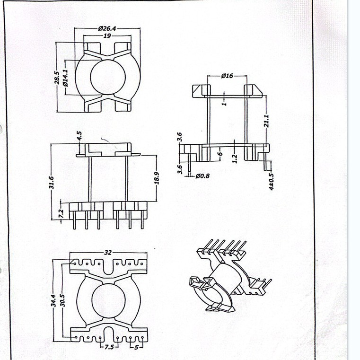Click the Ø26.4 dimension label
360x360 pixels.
pos(107,28)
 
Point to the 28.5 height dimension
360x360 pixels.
pos(57,78)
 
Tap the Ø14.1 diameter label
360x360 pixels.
pos(65,77)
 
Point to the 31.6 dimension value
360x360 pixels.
pos(52,181)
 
